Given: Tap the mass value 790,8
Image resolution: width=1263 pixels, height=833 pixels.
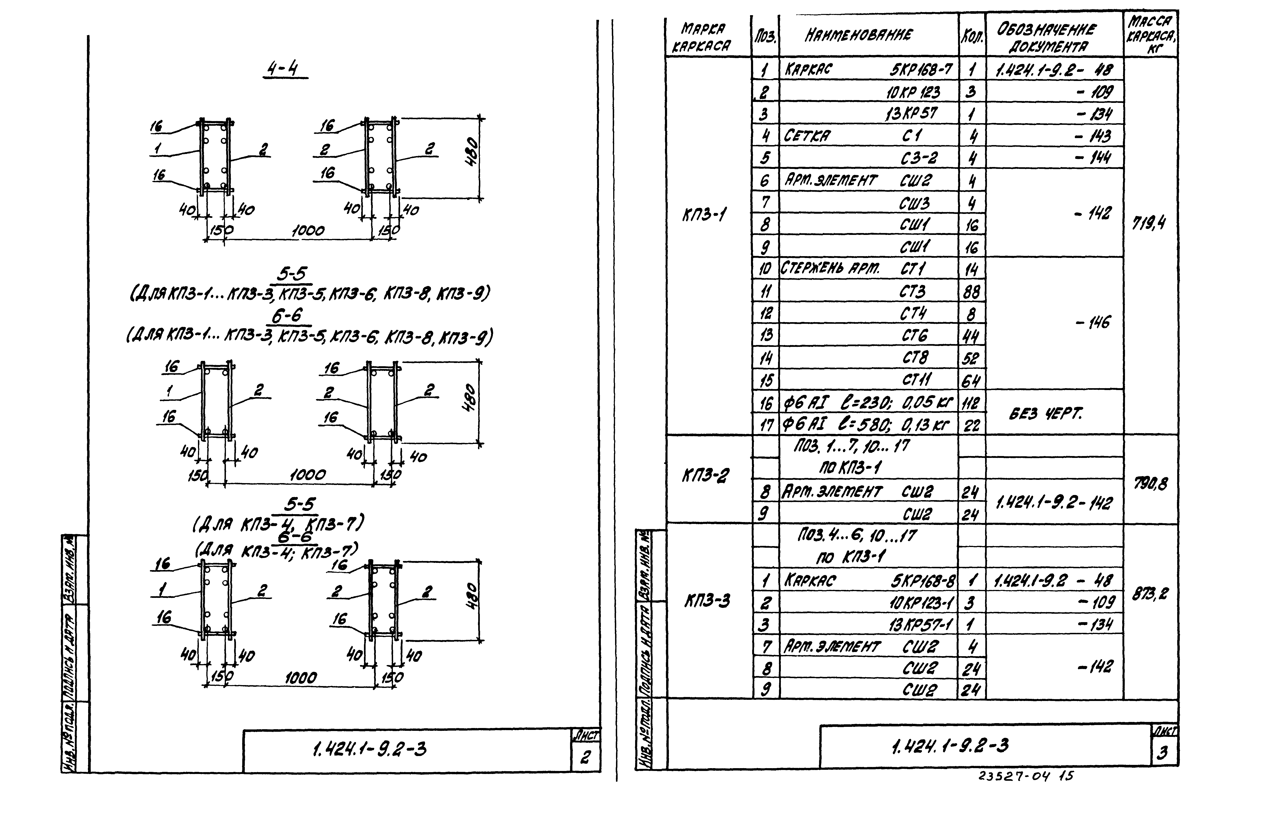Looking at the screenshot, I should click(1150, 483).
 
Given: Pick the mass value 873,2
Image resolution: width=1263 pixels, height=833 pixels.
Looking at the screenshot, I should click(1149, 593).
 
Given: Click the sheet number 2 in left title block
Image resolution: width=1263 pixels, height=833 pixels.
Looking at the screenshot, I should click(585, 756).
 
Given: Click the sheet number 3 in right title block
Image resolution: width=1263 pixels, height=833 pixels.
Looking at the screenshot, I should click(1162, 753).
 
